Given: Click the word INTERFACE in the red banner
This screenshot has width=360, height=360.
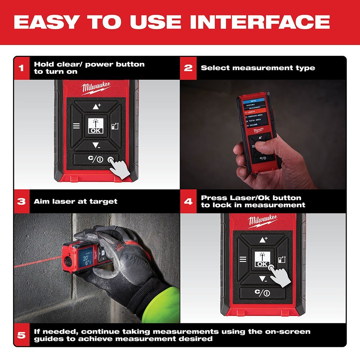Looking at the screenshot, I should click(x=260, y=22).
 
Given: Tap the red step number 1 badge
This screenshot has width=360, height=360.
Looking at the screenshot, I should click(x=22, y=68).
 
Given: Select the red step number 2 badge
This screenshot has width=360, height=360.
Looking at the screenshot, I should click(x=188, y=68).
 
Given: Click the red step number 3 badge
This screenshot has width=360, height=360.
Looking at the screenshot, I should click(x=22, y=201).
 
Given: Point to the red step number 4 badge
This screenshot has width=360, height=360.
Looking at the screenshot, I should click(x=188, y=201).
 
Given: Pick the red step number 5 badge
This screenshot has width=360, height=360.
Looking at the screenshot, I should click(x=22, y=335).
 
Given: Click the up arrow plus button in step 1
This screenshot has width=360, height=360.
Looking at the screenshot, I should click(x=96, y=107).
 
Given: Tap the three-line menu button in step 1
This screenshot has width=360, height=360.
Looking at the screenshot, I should click(x=76, y=126).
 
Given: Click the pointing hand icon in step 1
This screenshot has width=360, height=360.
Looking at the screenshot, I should click(x=120, y=166).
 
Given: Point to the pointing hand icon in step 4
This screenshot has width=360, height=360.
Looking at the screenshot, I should click(x=280, y=276).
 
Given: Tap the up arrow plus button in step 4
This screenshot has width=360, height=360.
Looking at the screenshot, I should click(x=263, y=239).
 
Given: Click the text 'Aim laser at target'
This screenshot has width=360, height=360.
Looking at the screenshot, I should click(x=76, y=202).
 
